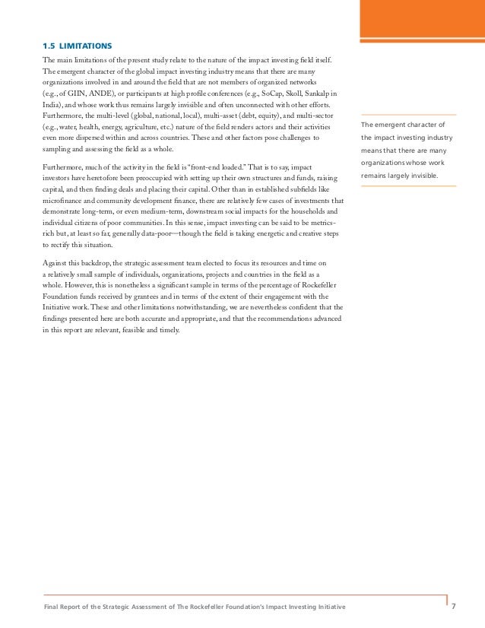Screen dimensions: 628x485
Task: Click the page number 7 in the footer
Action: [x=454, y=605]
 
